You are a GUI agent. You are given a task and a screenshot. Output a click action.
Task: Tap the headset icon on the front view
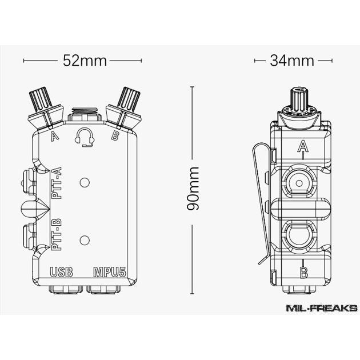[85, 137]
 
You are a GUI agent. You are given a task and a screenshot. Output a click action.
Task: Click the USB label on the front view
[61, 272]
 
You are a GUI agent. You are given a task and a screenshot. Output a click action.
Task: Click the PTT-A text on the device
[58, 181]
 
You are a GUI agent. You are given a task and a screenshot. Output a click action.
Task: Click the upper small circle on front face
[85, 183]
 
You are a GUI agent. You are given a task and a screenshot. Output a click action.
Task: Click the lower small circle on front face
[85, 240]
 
